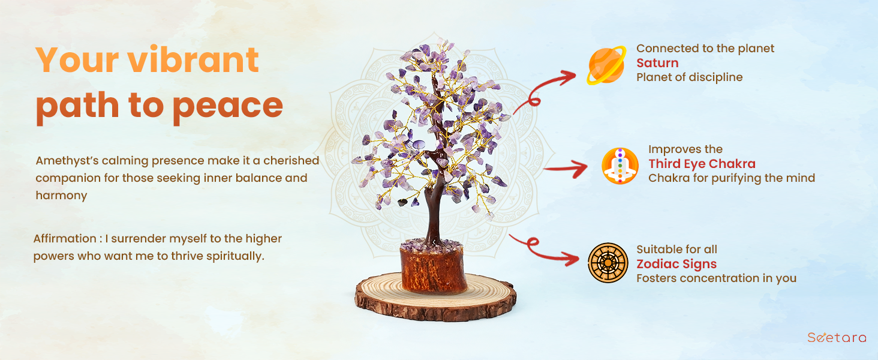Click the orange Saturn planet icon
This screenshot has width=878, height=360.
pos(606,65)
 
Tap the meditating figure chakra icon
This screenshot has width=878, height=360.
pos(620,166)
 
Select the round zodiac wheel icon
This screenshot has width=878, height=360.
pos(608,263)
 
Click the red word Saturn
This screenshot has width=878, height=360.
pos(657,63)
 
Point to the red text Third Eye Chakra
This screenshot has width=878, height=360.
pos(702,164)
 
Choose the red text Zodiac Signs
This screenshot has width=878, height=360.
pos(676,264)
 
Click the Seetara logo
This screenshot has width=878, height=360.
pos(837,337)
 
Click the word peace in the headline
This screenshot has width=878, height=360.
pos(227,107)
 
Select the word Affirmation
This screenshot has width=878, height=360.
pos(65,238)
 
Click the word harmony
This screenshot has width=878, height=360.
pos(61,195)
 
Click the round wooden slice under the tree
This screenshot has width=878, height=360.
pos(435,299)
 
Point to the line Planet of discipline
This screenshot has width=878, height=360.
pos(690,77)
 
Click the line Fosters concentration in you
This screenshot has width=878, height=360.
pos(716,278)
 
